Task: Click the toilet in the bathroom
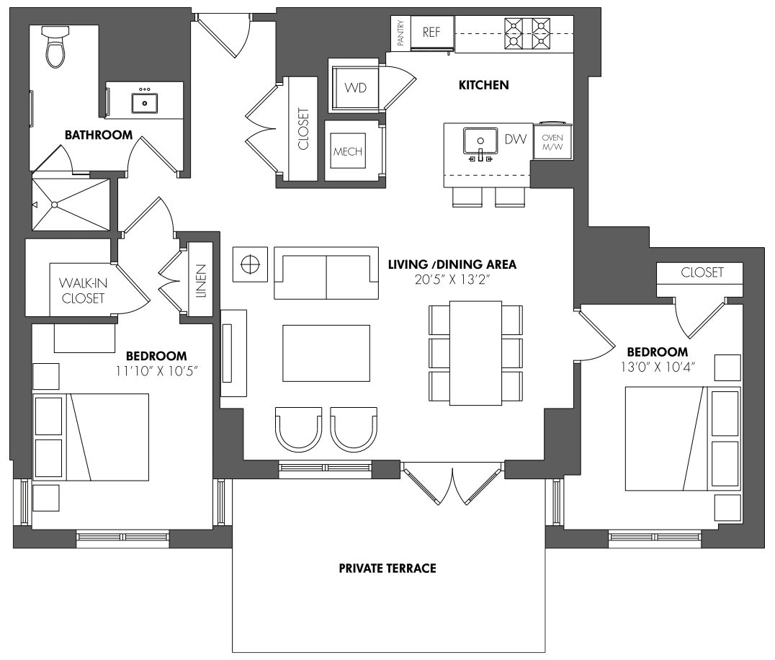tap(55, 46)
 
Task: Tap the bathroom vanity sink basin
tap(144, 103)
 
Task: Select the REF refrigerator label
tap(431, 32)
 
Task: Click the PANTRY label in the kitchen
tap(401, 33)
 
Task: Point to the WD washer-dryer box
tap(355, 87)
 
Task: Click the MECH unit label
tap(348, 152)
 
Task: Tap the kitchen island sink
tap(480, 141)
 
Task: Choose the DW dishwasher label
tap(516, 139)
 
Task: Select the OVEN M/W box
tap(552, 141)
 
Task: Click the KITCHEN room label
tap(484, 85)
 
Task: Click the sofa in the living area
tap(326, 273)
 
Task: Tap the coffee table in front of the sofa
tap(326, 353)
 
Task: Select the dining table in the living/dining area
tap(475, 353)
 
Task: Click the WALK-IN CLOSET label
tap(83, 290)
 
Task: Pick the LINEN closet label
tap(201, 281)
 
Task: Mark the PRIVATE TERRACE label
tap(387, 568)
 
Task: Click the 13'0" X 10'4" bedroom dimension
tap(658, 367)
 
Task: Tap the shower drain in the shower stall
tap(55, 205)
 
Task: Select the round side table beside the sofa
tap(250, 264)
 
